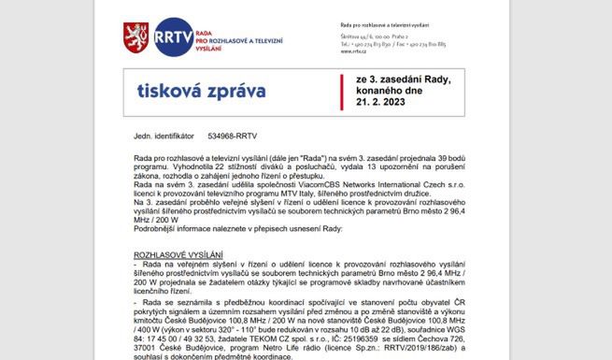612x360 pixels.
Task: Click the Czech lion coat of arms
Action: click(136, 38)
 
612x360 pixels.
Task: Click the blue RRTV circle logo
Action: click(174, 38)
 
